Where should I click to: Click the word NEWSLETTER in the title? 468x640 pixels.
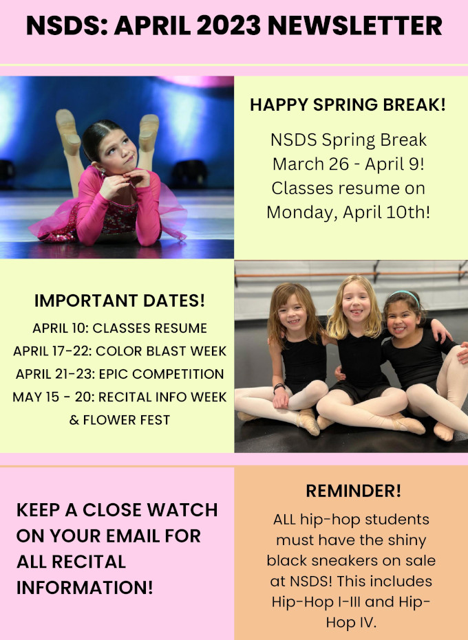[x=354, y=25]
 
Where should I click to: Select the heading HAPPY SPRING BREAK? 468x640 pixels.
[x=348, y=105]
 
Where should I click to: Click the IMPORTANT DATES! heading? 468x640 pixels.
[x=119, y=301]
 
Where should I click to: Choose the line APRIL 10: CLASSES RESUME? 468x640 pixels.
[x=120, y=328]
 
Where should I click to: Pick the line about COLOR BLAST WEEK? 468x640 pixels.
[x=120, y=351]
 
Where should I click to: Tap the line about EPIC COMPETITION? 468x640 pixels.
[x=120, y=374]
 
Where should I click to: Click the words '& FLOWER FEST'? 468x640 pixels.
[x=119, y=420]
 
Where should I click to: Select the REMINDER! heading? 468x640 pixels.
[x=354, y=491]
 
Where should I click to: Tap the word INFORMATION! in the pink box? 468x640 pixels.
[x=85, y=588]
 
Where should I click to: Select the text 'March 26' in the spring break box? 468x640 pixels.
[x=311, y=164]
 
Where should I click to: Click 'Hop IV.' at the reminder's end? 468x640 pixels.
[x=351, y=622]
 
